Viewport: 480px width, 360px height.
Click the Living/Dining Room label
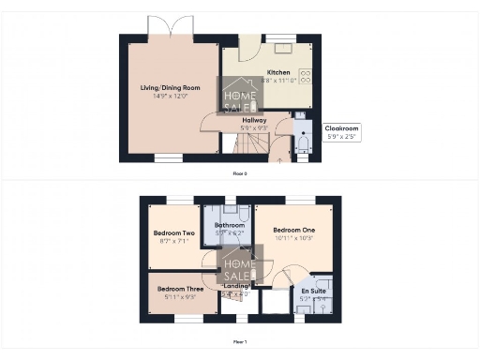pos(164,88)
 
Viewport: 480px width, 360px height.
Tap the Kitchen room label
pos(278,72)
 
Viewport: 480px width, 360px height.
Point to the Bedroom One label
pos(293,231)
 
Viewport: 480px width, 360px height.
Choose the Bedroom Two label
pos(173,233)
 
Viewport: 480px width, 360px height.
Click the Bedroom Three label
pos(177,288)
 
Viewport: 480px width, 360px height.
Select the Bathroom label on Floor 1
pos(230,226)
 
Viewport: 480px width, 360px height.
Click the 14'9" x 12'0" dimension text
pos(164,96)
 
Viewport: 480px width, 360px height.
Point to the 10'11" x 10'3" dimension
pos(293,238)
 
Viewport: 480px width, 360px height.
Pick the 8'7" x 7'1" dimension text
pos(173,241)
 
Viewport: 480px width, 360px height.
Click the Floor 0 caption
pos(240,173)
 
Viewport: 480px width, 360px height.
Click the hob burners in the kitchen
pos(305,76)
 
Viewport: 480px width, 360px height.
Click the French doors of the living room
pos(170,27)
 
